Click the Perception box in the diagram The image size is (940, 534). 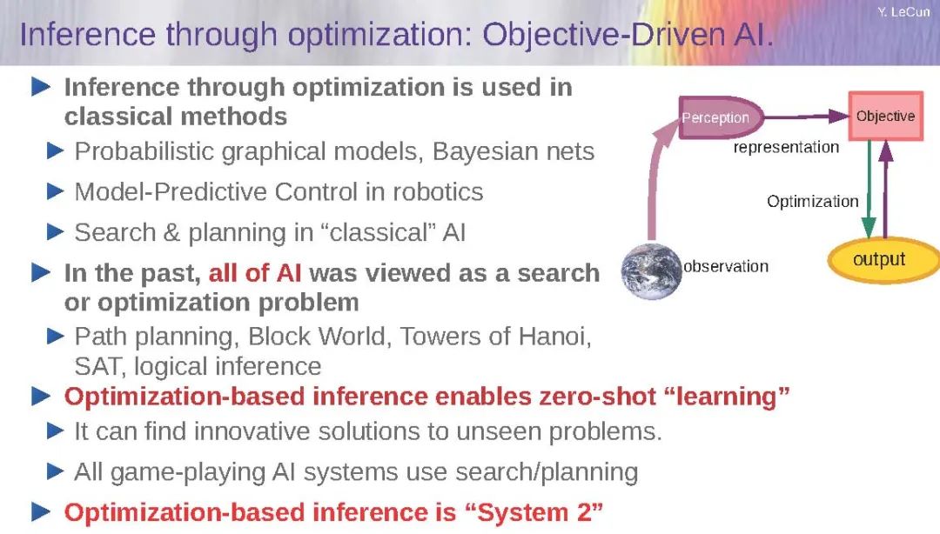click(x=720, y=117)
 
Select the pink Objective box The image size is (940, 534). click(x=885, y=117)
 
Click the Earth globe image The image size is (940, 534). click(x=652, y=270)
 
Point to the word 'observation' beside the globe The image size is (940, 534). click(x=726, y=266)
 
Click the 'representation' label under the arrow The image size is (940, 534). click(x=786, y=148)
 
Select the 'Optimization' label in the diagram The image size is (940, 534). click(x=812, y=202)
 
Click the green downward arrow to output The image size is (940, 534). click(x=869, y=189)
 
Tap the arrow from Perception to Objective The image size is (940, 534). click(x=806, y=117)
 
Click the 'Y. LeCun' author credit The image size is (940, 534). click(x=903, y=12)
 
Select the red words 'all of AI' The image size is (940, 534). click(x=255, y=273)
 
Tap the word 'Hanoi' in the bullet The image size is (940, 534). click(x=554, y=337)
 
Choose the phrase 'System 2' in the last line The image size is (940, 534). click(x=534, y=513)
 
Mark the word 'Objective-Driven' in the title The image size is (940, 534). click(x=604, y=35)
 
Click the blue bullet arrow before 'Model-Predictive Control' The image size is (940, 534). click(x=55, y=192)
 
